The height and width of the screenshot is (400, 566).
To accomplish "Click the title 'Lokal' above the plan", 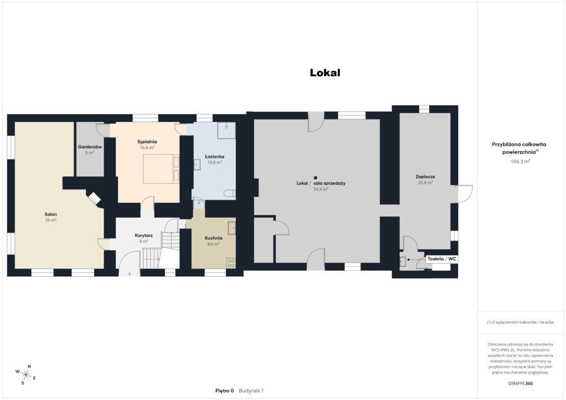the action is pos(325,72).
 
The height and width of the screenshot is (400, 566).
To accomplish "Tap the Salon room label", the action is pos(51,214).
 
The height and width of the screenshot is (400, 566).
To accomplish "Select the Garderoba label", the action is pos(90,147).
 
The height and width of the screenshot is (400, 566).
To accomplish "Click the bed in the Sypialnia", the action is pos(161,169).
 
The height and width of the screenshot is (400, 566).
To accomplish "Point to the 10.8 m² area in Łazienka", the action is pos(214,162).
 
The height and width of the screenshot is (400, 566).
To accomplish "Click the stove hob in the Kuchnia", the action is pos(231,264).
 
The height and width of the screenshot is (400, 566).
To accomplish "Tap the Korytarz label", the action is pos(144,235).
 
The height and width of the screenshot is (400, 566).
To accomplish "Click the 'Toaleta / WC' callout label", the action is pos(442,259).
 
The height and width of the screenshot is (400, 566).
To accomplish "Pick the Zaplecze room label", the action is pos(425,177).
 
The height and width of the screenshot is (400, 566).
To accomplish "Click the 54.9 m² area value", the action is pos(321,189).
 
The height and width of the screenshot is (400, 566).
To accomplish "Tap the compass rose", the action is pos(25,375).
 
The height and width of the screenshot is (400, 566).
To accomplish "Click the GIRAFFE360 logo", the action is pos(520,383).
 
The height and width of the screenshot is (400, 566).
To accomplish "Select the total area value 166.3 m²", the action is pos(520,161).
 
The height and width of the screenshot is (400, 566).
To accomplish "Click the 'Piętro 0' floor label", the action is pos(224,391).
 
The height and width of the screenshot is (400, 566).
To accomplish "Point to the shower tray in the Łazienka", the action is pos(226,130).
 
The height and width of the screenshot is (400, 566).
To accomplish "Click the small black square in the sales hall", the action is pos(316,177).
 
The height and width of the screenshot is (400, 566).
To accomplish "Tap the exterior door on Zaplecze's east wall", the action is pos(462,194).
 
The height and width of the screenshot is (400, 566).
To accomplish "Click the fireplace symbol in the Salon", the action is pos(94,198).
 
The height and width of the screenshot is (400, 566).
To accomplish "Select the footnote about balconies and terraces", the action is pos(520,322).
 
